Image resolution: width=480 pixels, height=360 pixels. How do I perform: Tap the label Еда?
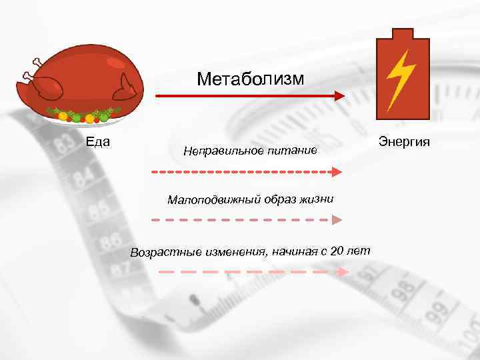pyautogui.click(x=98, y=141)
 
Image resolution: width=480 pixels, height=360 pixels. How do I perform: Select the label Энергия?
pyautogui.click(x=404, y=141)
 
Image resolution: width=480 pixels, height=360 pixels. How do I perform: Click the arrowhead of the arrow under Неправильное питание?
pyautogui.click(x=337, y=172)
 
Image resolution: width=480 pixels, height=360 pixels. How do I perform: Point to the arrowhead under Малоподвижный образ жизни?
pyautogui.click(x=337, y=219)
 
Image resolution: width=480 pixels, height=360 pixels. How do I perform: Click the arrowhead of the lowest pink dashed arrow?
pyautogui.click(x=343, y=272)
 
